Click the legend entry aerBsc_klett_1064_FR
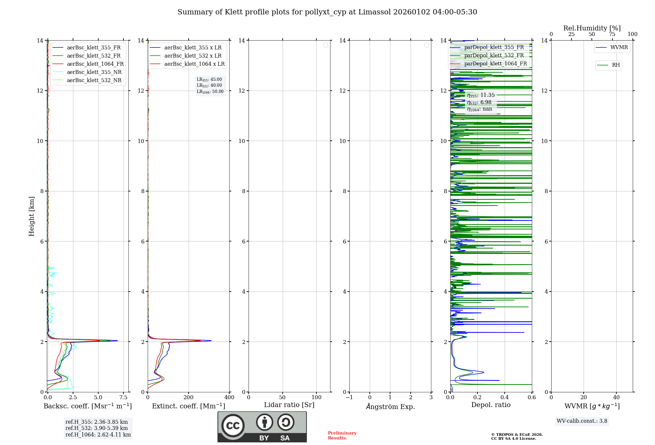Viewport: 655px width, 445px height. coord(95,64)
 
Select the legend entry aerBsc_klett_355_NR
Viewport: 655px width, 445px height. coord(94,72)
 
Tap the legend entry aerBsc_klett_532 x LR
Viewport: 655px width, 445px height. coord(193,56)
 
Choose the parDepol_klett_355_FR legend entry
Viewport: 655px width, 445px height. coord(494,47)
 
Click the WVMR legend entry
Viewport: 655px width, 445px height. coord(619,47)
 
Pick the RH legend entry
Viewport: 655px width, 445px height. coord(616,65)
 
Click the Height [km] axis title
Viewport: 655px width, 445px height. coord(31,216)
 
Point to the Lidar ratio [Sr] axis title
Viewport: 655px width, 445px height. coord(289,405)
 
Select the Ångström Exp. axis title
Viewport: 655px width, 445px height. coord(390,407)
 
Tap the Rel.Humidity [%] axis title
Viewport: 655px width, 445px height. coord(592,28)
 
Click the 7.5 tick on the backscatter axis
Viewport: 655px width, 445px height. coord(123,398)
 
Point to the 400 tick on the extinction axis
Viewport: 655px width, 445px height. coord(229,398)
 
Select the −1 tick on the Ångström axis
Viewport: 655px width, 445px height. coord(349,398)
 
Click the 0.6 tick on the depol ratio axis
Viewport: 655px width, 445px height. coord(532,398)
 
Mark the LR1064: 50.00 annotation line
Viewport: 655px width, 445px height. coord(210,92)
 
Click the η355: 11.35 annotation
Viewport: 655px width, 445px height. coord(481,95)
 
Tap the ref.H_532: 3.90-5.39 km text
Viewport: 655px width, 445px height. coord(97,428)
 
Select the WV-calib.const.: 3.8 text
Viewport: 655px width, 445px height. coord(582,421)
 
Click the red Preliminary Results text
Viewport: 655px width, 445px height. coord(342,436)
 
